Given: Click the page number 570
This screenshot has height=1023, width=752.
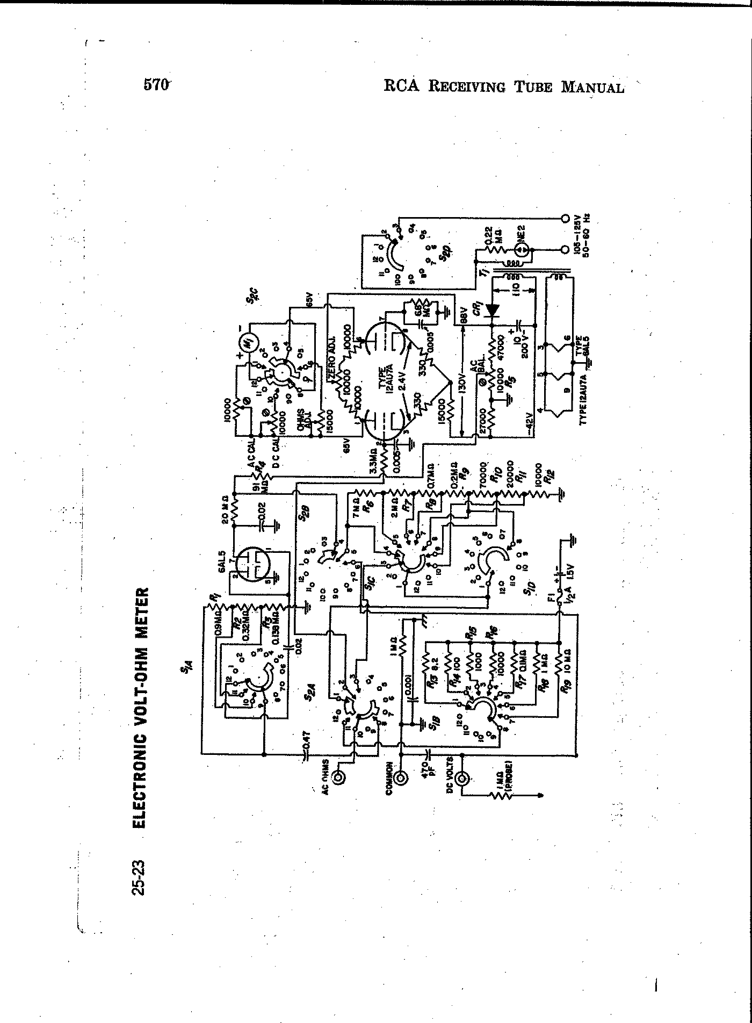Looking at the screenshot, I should [156, 85].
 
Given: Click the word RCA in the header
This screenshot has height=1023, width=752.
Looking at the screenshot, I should [401, 86].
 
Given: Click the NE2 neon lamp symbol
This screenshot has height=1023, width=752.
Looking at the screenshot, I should [521, 250].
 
